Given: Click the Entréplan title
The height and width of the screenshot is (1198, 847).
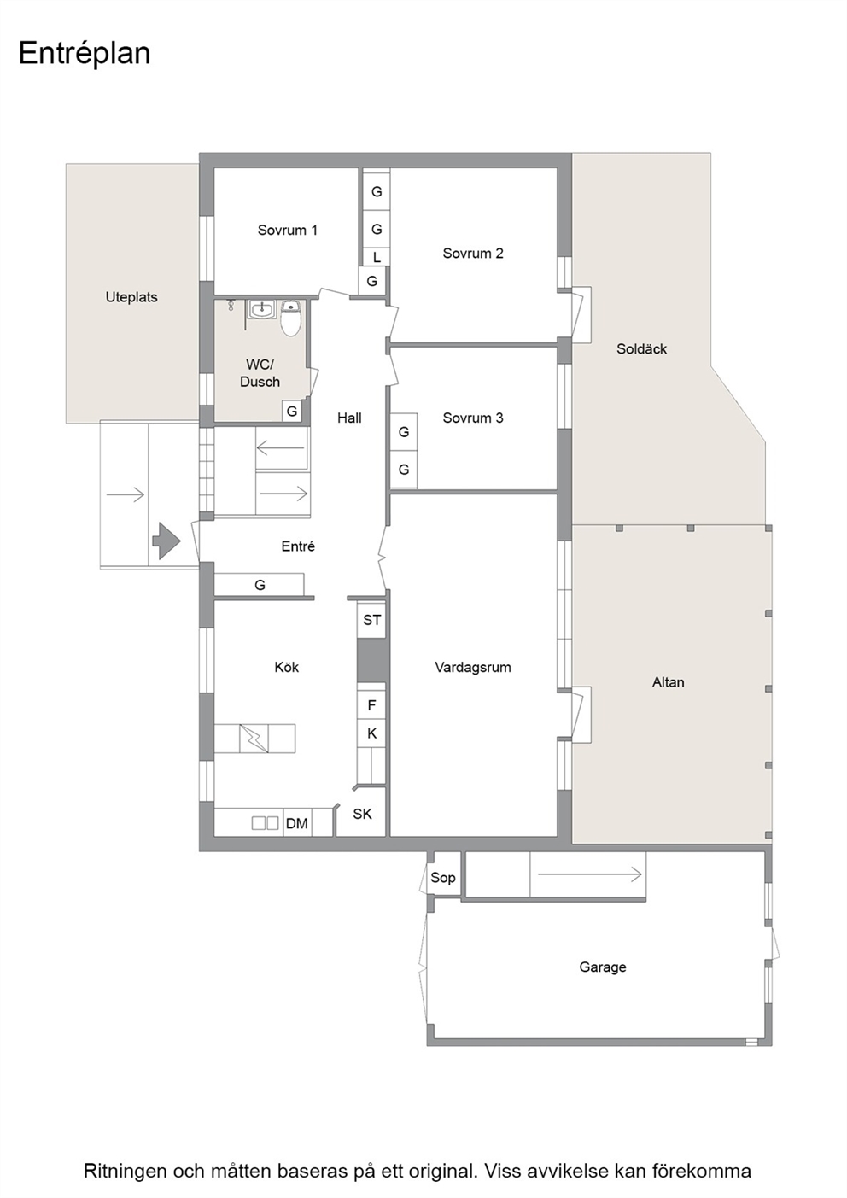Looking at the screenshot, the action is pyautogui.click(x=85, y=54).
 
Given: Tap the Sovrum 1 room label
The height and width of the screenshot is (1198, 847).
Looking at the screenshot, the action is pyautogui.click(x=287, y=230).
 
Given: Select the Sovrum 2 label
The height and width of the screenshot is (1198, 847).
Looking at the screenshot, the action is pyautogui.click(x=473, y=253).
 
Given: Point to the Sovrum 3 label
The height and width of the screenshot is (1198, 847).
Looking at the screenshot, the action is pyautogui.click(x=473, y=418).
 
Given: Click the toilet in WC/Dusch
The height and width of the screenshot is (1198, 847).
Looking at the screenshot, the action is pyautogui.click(x=291, y=318).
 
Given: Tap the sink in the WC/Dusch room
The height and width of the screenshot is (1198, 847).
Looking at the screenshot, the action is pyautogui.click(x=261, y=309).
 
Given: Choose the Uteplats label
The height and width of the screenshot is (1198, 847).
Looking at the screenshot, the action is pyautogui.click(x=131, y=297).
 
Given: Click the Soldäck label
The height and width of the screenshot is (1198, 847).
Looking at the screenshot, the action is pyautogui.click(x=641, y=349).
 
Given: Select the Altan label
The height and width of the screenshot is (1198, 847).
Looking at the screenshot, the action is pyautogui.click(x=668, y=682).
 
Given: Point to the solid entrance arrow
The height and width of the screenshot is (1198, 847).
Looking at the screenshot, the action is pyautogui.click(x=166, y=541).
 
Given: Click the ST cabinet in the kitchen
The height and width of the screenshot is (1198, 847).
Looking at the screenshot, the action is pyautogui.click(x=371, y=620).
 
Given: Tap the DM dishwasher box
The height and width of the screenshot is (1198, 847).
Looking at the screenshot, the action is pyautogui.click(x=297, y=823).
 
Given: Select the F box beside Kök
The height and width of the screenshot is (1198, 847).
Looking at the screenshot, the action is pyautogui.click(x=371, y=705).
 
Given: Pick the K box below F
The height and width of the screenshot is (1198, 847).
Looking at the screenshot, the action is pyautogui.click(x=371, y=733).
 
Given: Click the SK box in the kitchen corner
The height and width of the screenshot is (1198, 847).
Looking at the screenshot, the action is pyautogui.click(x=362, y=814).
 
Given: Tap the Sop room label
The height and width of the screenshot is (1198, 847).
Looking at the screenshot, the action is pyautogui.click(x=443, y=877).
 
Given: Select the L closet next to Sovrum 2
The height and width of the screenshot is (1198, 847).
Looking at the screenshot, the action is pyautogui.click(x=377, y=257).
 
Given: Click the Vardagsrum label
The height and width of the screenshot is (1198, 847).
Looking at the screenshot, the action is pyautogui.click(x=473, y=667).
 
